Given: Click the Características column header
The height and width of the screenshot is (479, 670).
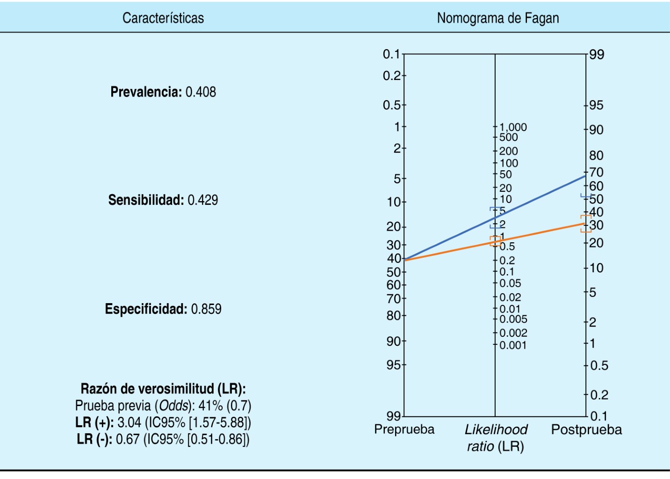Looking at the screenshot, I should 163,18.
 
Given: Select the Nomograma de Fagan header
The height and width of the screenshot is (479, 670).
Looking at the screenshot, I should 497,18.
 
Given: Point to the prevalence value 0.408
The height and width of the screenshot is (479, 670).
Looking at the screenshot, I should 201,92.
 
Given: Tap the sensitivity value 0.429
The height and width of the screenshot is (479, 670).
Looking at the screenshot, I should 202,200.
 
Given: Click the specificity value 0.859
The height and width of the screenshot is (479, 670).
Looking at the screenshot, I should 206,309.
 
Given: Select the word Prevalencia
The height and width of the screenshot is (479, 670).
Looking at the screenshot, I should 146,92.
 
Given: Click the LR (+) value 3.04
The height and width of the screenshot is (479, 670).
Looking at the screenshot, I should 129,423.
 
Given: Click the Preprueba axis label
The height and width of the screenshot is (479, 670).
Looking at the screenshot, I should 404,429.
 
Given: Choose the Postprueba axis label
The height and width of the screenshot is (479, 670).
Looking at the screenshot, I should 586,429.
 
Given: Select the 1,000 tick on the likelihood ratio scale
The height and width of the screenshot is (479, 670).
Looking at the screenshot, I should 513,127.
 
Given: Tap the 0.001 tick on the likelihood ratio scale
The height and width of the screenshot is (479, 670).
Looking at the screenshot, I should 513,345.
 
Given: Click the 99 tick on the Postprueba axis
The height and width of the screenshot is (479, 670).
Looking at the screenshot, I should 596,55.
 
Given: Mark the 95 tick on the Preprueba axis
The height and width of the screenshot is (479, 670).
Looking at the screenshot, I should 394,364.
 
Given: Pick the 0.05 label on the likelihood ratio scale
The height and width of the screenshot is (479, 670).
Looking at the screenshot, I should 510,283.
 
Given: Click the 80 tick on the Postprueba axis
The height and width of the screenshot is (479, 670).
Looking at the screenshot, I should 596,155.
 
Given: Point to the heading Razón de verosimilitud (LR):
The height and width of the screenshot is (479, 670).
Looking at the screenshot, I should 163,389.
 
